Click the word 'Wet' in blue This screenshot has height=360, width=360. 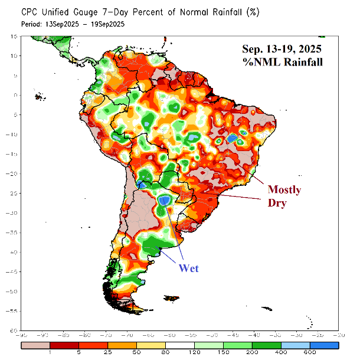coord(188,268)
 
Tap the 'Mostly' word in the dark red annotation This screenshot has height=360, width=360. coord(284,190)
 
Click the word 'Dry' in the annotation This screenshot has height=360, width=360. coord(277,203)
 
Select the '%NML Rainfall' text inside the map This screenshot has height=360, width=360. coord(282,62)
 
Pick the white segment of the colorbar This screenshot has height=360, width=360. coord(180,344)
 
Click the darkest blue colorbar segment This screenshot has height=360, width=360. coord(325,344)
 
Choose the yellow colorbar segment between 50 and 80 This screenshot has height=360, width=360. coord(151,344)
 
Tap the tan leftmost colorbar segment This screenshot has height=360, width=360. coord(35,344)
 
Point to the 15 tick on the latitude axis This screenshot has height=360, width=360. coord(12,37)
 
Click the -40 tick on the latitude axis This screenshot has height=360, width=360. coord(11,253)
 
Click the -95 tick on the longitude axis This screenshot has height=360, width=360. coord(21,336)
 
